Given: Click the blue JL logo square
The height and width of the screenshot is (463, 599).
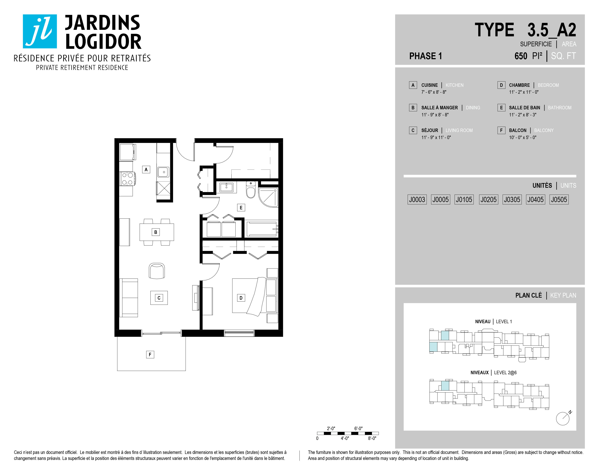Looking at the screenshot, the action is coord(40,31).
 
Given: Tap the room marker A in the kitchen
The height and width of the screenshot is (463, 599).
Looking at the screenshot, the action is coord(146,170).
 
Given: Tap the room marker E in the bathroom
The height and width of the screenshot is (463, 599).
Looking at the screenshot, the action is coord(241,208).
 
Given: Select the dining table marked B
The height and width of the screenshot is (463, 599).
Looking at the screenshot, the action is coord(157,232).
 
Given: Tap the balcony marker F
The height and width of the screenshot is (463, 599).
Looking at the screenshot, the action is coord(150,355).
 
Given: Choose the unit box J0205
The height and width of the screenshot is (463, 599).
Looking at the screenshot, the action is coord(488,199).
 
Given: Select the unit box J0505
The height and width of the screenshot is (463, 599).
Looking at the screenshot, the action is coord(559,199).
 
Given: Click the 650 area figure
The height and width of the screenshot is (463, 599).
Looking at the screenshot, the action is coord(521,56).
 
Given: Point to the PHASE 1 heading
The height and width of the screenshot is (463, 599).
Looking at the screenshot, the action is coord(425,56).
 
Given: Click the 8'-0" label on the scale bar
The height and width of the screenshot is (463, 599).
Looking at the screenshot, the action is coord(372,438).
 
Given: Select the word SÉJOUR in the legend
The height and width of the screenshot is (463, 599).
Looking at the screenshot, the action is coord(429,130).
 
